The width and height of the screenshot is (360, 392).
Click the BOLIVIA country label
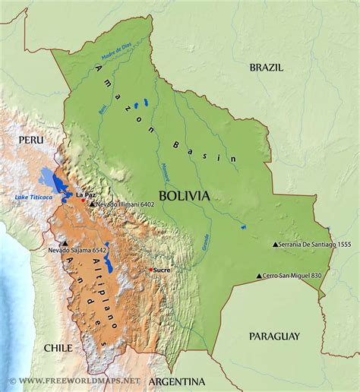[185, 195]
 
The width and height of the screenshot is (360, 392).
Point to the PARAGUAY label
[274, 335]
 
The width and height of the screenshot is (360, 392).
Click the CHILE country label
[58, 347]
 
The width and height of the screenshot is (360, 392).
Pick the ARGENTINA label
[178, 381]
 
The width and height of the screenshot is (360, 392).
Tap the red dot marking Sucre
[151, 270]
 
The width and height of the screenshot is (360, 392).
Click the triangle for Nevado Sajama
[65, 244]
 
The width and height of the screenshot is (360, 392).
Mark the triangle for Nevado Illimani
[92, 204]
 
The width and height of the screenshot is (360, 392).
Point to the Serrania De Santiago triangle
[276, 245]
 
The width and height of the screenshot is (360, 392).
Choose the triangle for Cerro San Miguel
[259, 276]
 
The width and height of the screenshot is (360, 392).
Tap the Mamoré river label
[166, 172]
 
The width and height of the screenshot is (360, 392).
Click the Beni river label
[103, 111]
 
